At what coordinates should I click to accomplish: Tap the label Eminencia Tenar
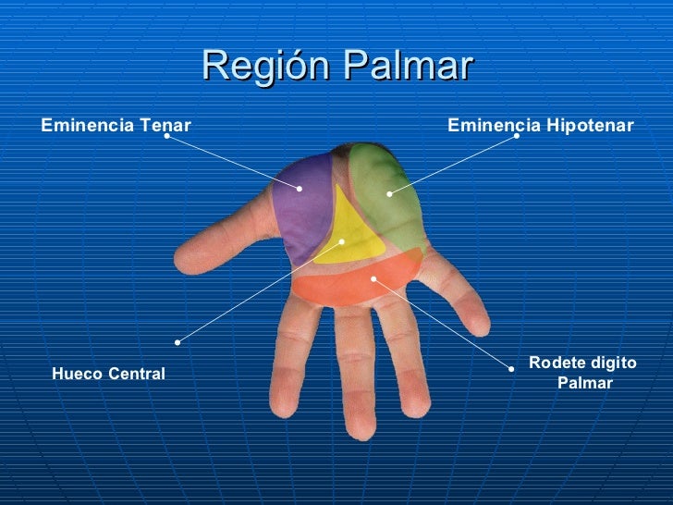116,125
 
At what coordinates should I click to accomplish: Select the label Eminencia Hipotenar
541,125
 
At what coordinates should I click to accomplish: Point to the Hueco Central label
109,374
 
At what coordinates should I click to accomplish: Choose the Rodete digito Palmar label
583,373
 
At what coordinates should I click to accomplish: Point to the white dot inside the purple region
300,190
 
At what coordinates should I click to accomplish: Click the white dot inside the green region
389,194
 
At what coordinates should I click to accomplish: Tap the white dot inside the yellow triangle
342,241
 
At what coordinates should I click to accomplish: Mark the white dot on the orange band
373,277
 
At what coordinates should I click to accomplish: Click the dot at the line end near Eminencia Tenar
167,136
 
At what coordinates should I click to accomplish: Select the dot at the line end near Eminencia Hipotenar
517,136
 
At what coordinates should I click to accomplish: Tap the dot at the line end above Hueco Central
177,341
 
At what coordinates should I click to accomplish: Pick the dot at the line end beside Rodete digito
512,367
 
